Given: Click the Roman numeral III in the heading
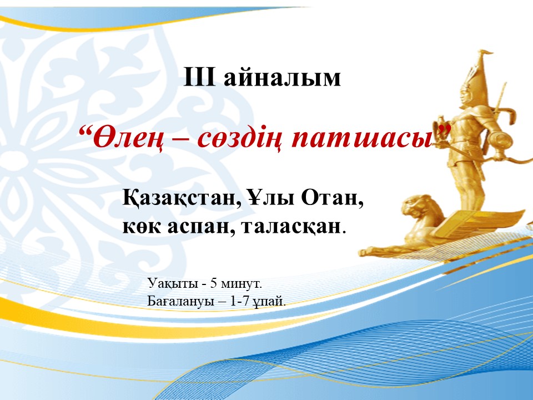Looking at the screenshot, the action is [199, 77].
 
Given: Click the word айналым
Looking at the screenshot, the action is [282, 78].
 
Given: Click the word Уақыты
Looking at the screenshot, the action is [173, 283].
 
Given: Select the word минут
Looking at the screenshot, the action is [241, 284].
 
